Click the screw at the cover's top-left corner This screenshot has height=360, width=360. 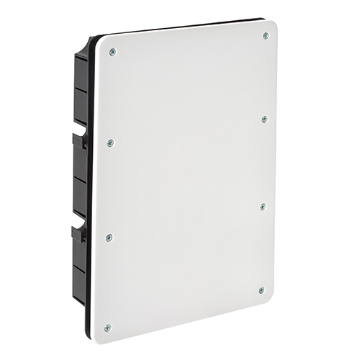[x=112, y=51]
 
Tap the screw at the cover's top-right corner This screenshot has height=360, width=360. [x=266, y=35]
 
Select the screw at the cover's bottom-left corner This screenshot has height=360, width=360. [x=107, y=328]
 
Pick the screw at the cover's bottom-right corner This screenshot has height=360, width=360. [x=261, y=290]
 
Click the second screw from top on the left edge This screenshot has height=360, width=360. [x=110, y=143]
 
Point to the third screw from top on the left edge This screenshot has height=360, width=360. [x=109, y=236]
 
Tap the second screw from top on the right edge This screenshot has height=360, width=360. [x=264, y=119]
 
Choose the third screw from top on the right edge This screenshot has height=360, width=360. [x=263, y=206]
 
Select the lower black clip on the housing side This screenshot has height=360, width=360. [x=77, y=232]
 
